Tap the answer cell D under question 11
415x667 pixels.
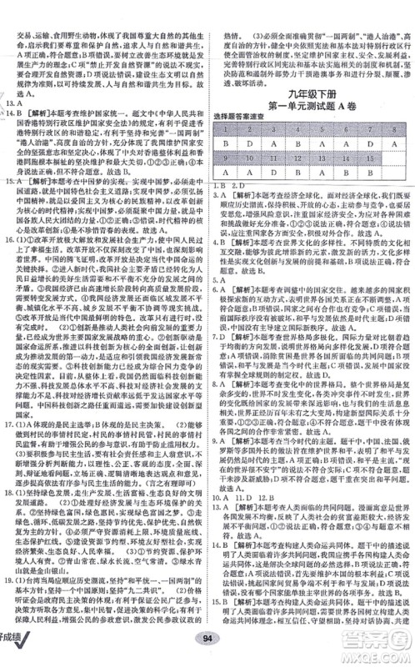click(276, 173)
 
